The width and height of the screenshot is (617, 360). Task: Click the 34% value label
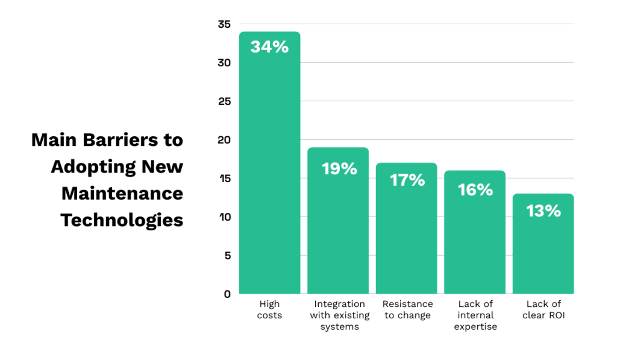tap(269, 47)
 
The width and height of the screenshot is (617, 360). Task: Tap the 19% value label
tap(339, 169)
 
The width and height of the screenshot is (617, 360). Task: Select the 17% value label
tap(407, 180)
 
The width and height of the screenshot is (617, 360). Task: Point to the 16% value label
tap(475, 190)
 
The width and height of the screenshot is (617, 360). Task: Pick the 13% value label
tap(543, 211)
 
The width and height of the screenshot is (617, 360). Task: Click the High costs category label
tap(269, 309)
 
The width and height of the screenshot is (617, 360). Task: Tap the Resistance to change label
tap(407, 309)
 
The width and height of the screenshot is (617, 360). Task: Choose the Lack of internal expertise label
tap(475, 315)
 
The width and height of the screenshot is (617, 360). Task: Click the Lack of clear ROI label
tap(543, 309)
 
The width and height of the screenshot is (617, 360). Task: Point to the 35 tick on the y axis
tap(224, 24)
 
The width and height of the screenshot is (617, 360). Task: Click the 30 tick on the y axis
tap(224, 63)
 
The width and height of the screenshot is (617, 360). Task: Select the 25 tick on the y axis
tap(224, 101)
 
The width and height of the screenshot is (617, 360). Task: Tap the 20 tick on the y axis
tap(224, 140)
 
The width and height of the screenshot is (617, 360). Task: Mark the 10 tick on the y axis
tap(224, 217)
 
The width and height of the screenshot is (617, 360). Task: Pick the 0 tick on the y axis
tap(227, 294)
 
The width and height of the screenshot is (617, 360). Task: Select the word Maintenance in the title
tap(122, 194)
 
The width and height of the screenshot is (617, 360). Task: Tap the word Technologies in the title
tap(122, 220)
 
